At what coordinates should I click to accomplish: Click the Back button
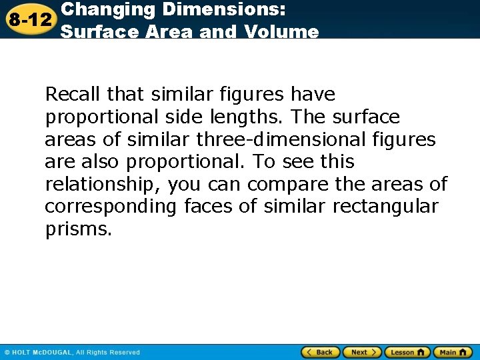321,352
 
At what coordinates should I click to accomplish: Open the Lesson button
407,352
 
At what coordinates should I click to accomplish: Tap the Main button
452,352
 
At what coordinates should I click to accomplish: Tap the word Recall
68,94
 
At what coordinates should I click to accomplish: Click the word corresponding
110,207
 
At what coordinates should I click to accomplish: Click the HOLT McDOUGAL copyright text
72,352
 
